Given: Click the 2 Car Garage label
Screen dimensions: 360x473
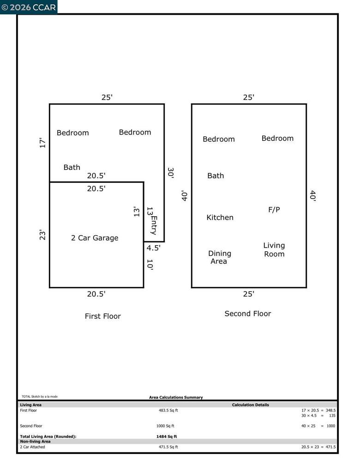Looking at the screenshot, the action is [x=95, y=238].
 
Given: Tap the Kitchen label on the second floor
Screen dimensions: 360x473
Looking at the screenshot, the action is [x=220, y=218].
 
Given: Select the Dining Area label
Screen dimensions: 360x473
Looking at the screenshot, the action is [x=220, y=257].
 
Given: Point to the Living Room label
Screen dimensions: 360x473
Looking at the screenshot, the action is [x=274, y=250].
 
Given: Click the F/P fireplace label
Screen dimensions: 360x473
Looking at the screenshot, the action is [x=274, y=210].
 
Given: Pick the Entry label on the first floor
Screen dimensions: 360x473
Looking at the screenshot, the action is [x=154, y=225].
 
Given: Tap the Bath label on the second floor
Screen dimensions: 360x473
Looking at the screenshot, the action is [x=216, y=176].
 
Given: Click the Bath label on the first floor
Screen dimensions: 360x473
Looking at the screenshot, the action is [x=72, y=167].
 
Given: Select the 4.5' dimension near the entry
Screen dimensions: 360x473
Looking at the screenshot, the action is [x=154, y=248].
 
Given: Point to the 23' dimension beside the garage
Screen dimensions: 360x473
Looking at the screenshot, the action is [x=42, y=235].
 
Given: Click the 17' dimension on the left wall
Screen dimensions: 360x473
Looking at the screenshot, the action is [x=42, y=143].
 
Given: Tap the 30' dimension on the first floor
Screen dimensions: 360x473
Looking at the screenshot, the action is [x=171, y=173].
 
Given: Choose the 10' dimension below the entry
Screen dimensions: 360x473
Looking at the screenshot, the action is [x=150, y=265].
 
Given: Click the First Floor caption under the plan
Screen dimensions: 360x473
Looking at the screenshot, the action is [x=103, y=316].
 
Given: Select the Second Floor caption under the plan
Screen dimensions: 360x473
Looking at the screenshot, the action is [x=248, y=314].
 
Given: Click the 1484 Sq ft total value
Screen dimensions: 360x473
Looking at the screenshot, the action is [x=167, y=437].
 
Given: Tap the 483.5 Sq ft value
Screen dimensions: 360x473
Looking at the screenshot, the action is [x=168, y=411].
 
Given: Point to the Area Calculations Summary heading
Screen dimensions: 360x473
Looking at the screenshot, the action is [x=176, y=397].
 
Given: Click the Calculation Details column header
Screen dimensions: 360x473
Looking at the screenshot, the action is [x=250, y=405].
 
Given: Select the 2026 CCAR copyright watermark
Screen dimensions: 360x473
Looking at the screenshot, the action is [x=29, y=7].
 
